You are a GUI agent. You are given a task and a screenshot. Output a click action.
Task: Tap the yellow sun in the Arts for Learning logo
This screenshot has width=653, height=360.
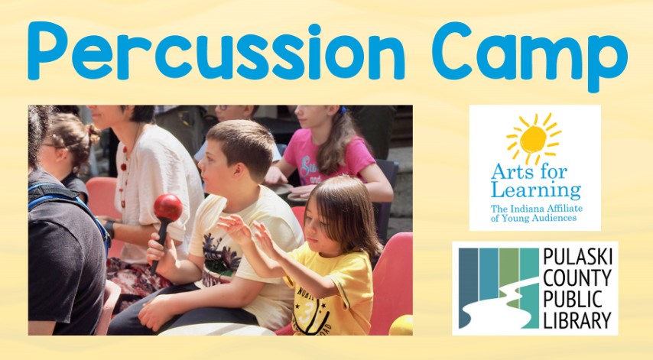(x=533, y=139)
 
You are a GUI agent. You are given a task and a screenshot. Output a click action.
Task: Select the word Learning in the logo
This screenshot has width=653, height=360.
(x=536, y=190)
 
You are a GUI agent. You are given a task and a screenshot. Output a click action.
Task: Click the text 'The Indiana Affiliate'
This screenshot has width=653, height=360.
(x=537, y=209)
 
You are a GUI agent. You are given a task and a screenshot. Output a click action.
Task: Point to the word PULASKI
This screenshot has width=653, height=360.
(x=577, y=258)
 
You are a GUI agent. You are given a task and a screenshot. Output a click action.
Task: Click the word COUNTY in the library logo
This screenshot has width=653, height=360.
(x=577, y=278)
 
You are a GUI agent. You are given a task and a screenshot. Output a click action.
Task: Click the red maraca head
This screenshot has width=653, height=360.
(x=167, y=207)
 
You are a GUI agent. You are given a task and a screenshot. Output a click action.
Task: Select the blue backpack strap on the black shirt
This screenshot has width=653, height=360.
(x=70, y=205)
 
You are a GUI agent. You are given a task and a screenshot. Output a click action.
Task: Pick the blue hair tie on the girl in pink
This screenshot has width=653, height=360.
(x=343, y=110)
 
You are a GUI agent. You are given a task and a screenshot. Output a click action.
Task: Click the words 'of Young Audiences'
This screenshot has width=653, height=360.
(x=534, y=218)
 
